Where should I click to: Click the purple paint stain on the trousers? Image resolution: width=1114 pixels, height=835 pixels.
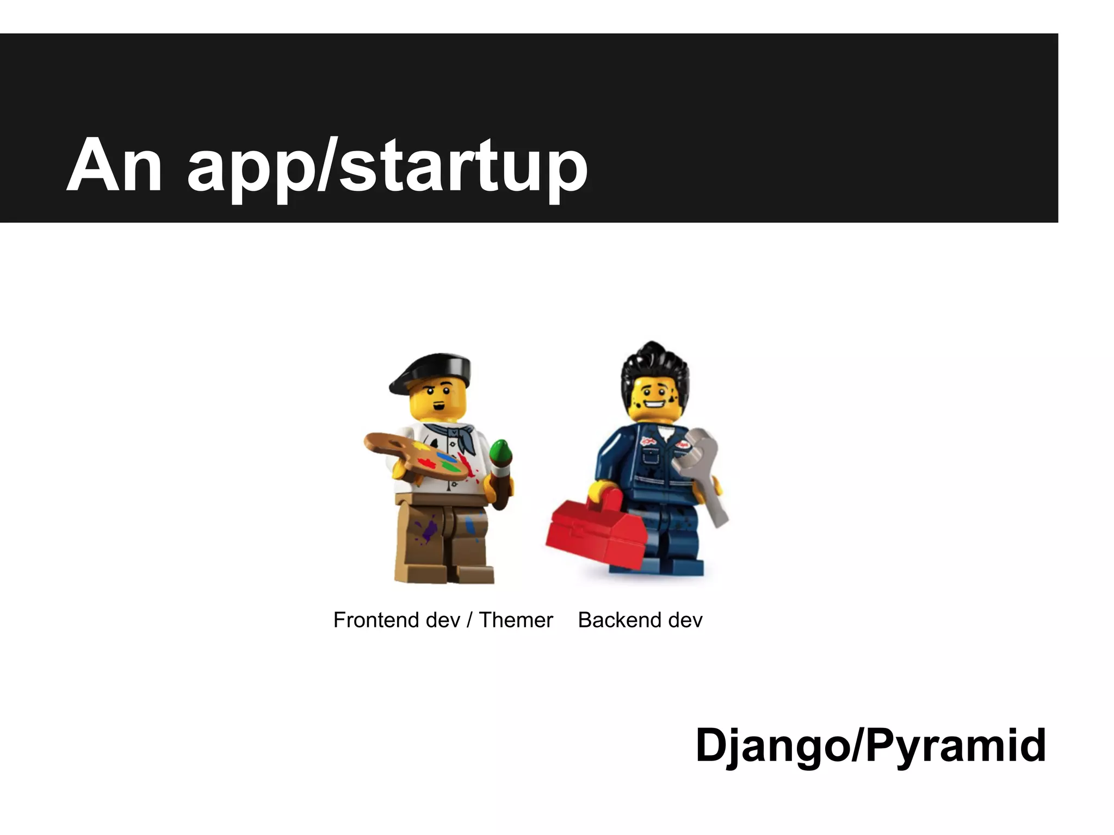tap(427, 529)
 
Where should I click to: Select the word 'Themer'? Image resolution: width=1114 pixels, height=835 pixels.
tap(516, 620)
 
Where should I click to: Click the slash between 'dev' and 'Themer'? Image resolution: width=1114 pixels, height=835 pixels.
tap(469, 620)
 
